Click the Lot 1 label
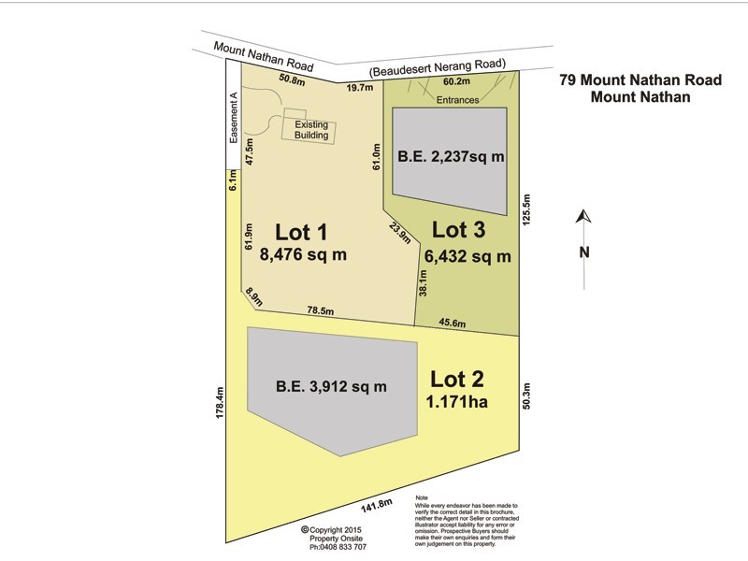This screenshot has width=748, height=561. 299,231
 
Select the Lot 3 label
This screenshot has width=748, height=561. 461,229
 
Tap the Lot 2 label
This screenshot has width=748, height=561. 459,380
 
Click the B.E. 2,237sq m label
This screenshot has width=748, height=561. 452,157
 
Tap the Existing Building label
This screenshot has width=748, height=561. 311,130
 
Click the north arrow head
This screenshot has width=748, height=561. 583,217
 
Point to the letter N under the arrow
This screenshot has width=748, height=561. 583,251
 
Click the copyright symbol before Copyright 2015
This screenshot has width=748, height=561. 305,529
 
